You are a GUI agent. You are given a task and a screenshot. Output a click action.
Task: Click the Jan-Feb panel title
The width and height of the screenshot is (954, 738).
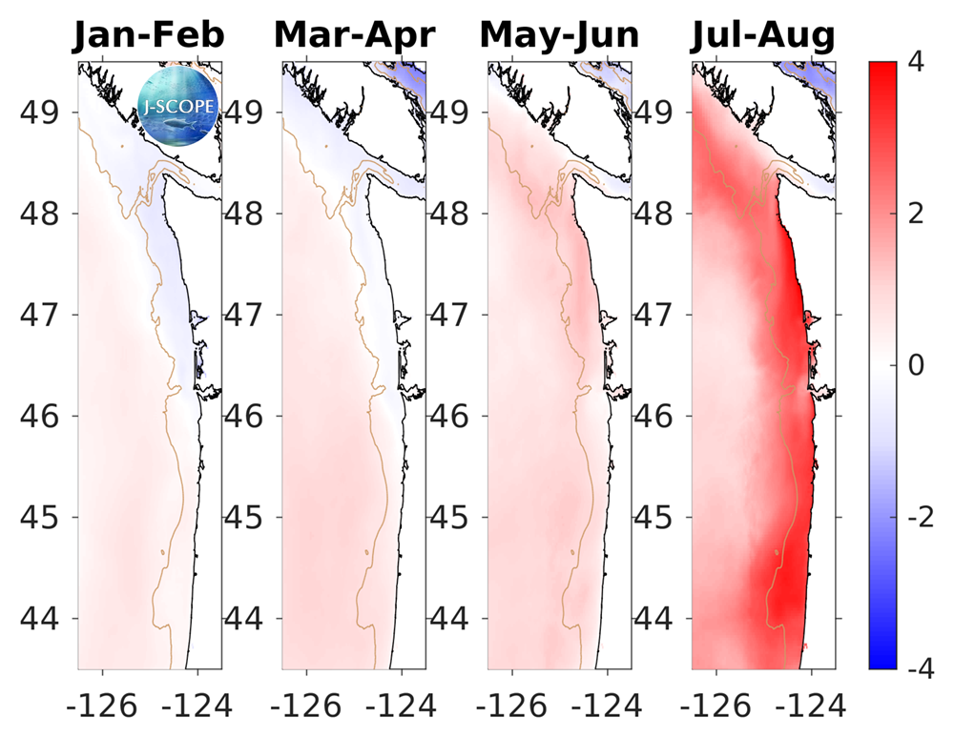coord(149,35)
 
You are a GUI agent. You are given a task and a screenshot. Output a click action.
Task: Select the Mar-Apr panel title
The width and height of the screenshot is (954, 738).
coord(354,35)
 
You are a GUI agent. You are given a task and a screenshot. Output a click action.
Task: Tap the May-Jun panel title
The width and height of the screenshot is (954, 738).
coord(559,35)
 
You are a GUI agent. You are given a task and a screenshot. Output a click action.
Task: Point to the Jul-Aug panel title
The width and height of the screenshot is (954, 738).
coord(762,35)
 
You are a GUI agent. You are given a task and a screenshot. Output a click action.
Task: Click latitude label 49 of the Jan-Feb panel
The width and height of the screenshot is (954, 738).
coord(40,112)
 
